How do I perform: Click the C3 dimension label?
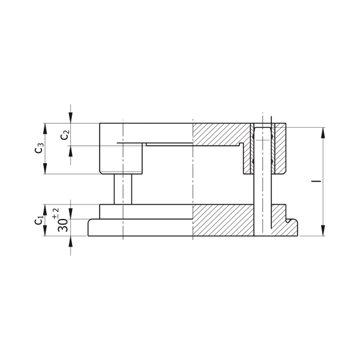click(x=39, y=148)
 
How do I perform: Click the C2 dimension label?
click(x=65, y=135)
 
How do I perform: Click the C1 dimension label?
click(x=39, y=220)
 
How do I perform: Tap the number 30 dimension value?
click(x=62, y=225)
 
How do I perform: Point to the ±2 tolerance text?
click(x=56, y=214)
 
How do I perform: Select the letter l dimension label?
click(x=316, y=181)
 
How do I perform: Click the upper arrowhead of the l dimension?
click(x=323, y=133)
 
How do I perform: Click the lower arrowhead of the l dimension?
click(x=323, y=230)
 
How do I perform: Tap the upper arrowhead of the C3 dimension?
click(x=45, y=128)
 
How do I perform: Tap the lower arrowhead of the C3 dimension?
click(x=45, y=169)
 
